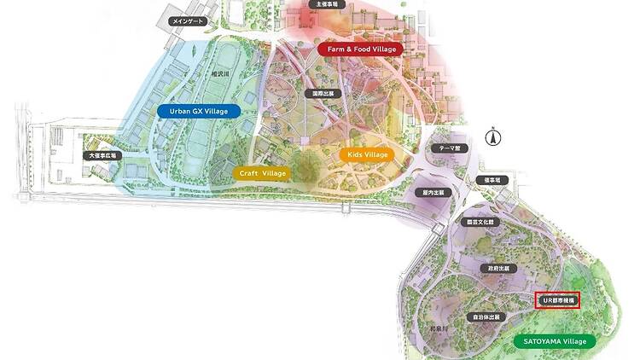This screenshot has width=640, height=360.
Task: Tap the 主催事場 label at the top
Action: click(328, 5)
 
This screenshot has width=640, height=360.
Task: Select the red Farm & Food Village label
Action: click(362, 49)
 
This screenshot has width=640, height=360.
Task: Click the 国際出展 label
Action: click(323, 92)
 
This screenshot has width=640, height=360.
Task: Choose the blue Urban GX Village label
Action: click(199, 111)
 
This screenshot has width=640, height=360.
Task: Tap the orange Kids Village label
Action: click(367, 154)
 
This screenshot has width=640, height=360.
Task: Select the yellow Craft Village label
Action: click(262, 173)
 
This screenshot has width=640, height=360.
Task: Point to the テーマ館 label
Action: click(450, 148)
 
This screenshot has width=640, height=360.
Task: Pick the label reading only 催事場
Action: click(496, 180)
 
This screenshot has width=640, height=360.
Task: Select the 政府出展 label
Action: click(497, 268)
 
